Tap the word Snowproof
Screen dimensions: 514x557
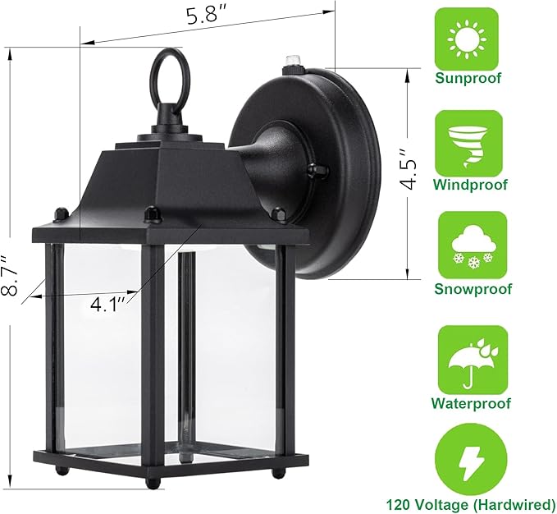click(x=472, y=289)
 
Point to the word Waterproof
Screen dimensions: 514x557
click(x=472, y=403)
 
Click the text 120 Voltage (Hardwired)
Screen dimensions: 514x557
click(x=472, y=503)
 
